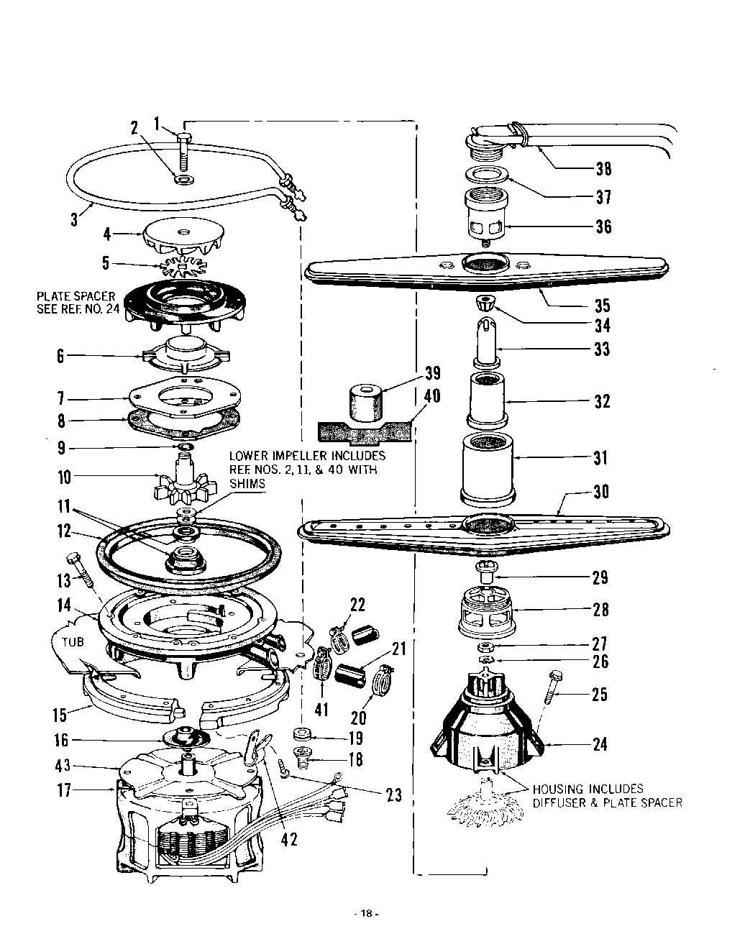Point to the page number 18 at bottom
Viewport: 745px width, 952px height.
coord(367,914)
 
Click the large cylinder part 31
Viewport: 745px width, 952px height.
coord(488,469)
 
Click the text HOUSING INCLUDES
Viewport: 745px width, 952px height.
coord(588,789)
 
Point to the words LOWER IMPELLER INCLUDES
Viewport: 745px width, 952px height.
coord(307,456)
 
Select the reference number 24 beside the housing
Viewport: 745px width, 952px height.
coord(600,745)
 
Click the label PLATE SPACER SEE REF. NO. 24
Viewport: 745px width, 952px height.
coord(76,303)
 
